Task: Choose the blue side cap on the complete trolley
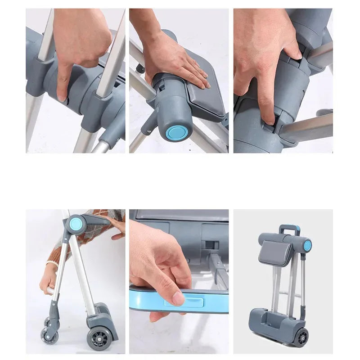307,245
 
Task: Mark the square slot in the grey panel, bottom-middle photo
207,244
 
